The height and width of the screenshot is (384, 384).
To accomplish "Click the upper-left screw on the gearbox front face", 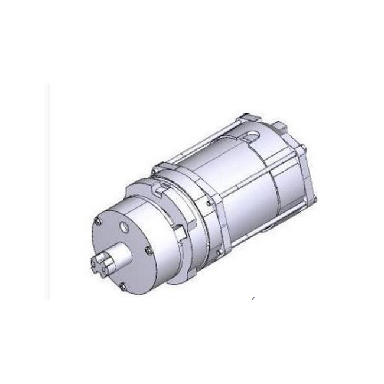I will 96,222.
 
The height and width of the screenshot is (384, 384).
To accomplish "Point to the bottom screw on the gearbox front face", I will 122,287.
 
